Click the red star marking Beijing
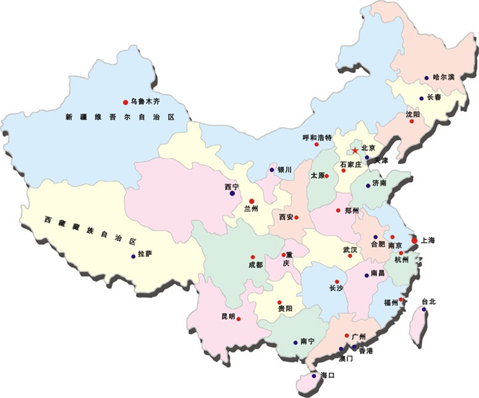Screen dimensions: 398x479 pyautogui.click(x=355, y=150)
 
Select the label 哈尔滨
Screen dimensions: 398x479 pyautogui.click(x=444, y=77)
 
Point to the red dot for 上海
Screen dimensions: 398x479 pyautogui.click(x=414, y=241)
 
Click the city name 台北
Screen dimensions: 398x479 pyautogui.click(x=429, y=302)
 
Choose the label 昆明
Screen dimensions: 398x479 pyautogui.click(x=228, y=316)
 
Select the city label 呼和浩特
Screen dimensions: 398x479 pyautogui.click(x=317, y=137)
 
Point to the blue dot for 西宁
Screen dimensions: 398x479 pyautogui.click(x=232, y=193)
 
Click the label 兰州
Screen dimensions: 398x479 pyautogui.click(x=251, y=208)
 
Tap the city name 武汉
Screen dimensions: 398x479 pyautogui.click(x=350, y=249)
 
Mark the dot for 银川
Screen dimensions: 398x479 pyautogui.click(x=272, y=170)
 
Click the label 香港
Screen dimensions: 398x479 pyautogui.click(x=366, y=350)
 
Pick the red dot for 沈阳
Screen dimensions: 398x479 pyautogui.click(x=411, y=121)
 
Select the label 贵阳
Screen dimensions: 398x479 pyautogui.click(x=285, y=309)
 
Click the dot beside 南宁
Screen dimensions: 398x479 pyautogui.click(x=295, y=342)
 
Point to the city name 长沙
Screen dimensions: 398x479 pyautogui.click(x=337, y=288)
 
